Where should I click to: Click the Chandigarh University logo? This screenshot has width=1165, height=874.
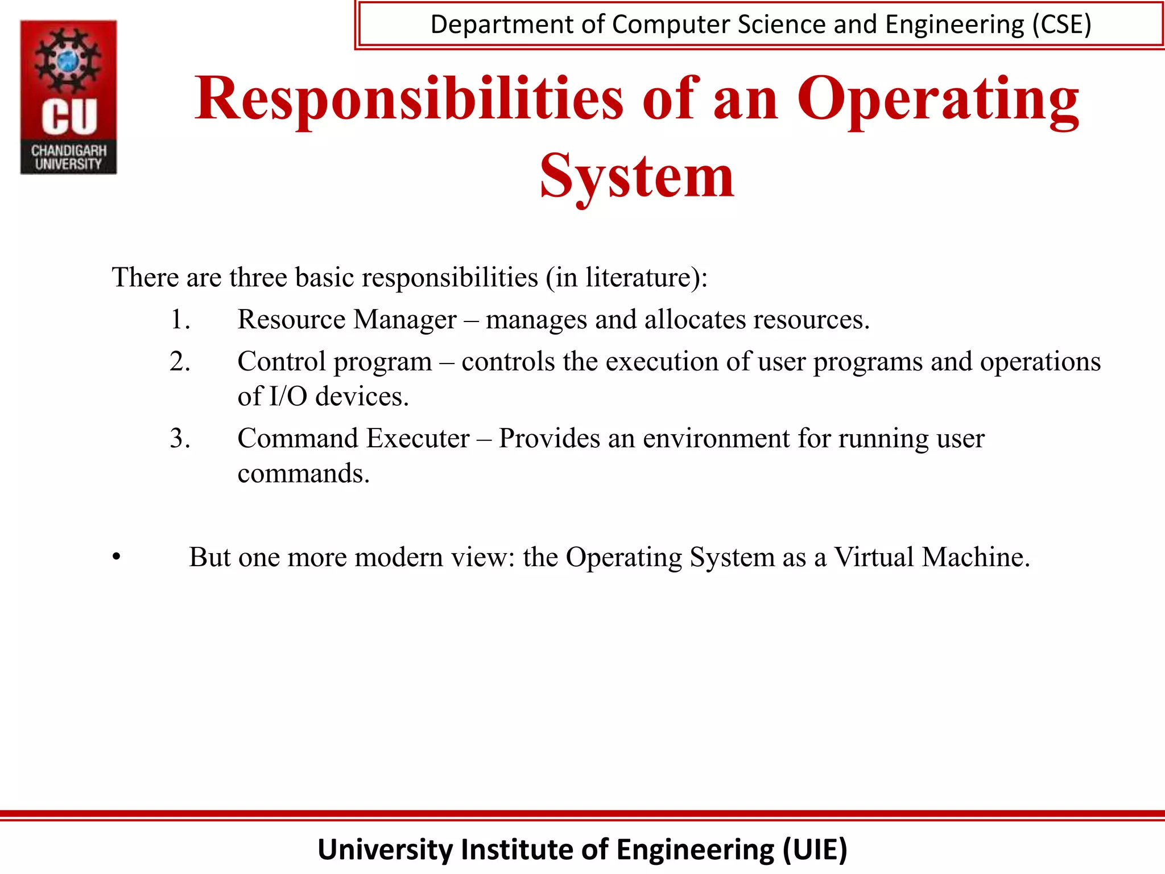tap(69, 97)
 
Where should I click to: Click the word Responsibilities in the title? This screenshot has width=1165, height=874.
tap(410, 99)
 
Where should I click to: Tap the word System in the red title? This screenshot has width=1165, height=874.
tap(637, 176)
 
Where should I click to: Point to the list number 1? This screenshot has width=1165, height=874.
tap(180, 319)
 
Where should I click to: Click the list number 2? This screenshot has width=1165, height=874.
tap(180, 361)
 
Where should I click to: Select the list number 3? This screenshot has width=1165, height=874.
tap(180, 438)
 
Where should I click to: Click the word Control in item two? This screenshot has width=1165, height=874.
tap(282, 361)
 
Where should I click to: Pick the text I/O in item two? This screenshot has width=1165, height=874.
tap(288, 396)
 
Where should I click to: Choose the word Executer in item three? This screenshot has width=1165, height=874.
tap(418, 438)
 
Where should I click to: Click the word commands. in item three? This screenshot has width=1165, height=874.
tap(304, 473)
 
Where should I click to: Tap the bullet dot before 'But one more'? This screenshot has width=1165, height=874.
tap(117, 558)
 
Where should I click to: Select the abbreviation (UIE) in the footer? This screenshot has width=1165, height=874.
tap(815, 849)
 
